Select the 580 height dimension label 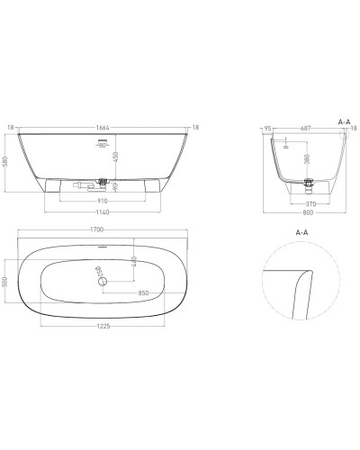tap(8, 163)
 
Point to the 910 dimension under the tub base tap(104, 203)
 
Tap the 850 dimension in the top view tap(144, 293)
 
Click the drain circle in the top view tap(103, 282)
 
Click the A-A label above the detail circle tap(301, 230)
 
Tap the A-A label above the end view tap(343, 120)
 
